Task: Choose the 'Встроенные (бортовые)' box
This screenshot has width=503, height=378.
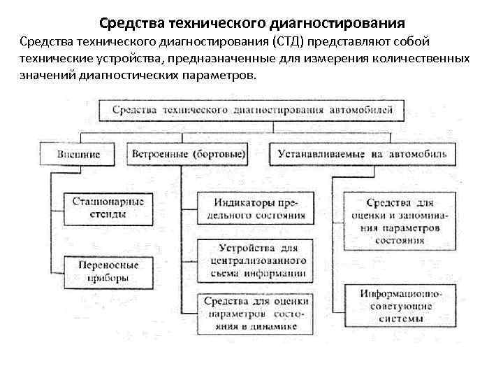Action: pyautogui.click(x=187, y=153)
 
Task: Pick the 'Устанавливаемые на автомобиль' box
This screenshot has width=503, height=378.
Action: pyautogui.click(x=362, y=153)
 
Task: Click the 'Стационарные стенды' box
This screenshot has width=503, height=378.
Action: pyautogui.click(x=108, y=208)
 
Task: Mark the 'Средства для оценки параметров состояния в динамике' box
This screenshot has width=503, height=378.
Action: pyautogui.click(x=255, y=312)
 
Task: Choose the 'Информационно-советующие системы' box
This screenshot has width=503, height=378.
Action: pyautogui.click(x=396, y=305)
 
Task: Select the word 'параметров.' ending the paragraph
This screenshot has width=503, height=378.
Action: pyautogui.click(x=224, y=76)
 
